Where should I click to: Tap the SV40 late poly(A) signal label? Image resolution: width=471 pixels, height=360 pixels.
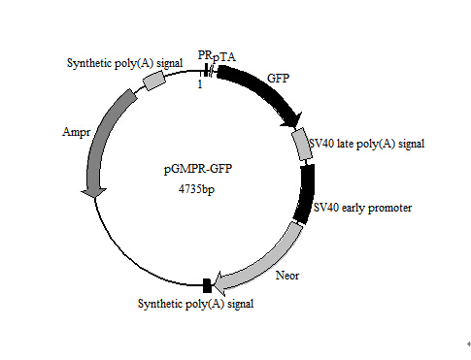tap(366, 144)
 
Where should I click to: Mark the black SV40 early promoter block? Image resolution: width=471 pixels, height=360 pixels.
tap(306, 194)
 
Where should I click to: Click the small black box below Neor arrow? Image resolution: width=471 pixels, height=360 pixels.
tap(206, 285)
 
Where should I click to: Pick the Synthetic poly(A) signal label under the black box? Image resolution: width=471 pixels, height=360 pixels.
tap(198, 305)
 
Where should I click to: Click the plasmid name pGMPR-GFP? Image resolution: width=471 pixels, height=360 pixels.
tap(198, 170)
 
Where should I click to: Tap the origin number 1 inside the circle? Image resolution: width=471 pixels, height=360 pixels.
tap(199, 84)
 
